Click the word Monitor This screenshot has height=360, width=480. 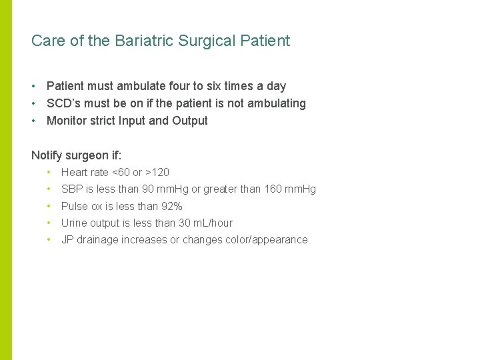[x=66, y=121]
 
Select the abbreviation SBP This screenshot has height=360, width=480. [x=71, y=189]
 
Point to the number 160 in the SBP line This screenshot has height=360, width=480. [x=273, y=189]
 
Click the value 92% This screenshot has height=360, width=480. [x=172, y=206]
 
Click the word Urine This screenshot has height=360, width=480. [x=74, y=223]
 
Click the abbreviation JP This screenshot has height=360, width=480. [x=67, y=240]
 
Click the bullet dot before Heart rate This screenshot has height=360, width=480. [x=49, y=172]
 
